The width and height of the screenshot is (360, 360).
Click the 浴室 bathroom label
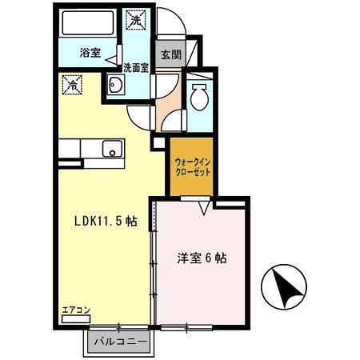pos(90,54)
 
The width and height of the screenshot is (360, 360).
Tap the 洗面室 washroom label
pos(135,68)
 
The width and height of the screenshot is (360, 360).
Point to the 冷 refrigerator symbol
pos(71,83)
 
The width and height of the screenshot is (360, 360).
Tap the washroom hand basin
pos(113,88)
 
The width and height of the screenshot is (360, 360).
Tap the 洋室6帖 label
pos(201,258)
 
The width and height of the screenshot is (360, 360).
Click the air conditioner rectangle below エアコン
pos(77,318)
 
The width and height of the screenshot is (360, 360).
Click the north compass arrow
pos(286,287)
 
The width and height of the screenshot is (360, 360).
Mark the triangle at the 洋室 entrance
pos(206,208)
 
